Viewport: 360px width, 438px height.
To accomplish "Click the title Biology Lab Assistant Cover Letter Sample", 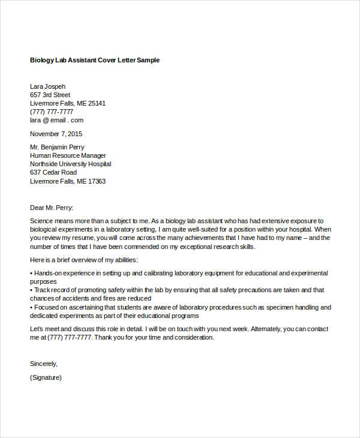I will (x=95, y=61).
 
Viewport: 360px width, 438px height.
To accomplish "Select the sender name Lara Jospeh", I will (x=48, y=86).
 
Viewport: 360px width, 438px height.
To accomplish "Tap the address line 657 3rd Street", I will (x=50, y=95).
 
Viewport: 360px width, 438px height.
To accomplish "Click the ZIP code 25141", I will (x=97, y=103).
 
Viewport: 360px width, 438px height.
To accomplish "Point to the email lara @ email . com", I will (x=57, y=120).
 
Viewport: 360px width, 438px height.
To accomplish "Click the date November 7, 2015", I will (x=56, y=134).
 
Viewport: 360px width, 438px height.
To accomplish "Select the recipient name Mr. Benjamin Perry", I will (x=57, y=147).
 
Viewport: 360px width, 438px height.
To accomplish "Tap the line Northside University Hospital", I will (x=70, y=164).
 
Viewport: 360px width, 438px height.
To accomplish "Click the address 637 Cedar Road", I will (x=53, y=173).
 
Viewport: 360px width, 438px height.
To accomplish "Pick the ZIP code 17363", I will (x=97, y=181).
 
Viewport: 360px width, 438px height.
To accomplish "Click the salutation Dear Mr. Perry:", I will (x=52, y=208).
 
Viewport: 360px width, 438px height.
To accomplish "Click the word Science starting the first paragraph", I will (x=42, y=221).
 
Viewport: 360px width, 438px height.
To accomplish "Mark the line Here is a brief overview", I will (x=84, y=260).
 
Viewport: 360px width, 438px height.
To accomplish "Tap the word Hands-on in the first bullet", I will (x=47, y=273).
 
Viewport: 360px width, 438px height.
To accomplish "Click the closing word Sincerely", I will (x=44, y=363).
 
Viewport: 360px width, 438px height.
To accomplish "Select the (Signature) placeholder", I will (x=46, y=378).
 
